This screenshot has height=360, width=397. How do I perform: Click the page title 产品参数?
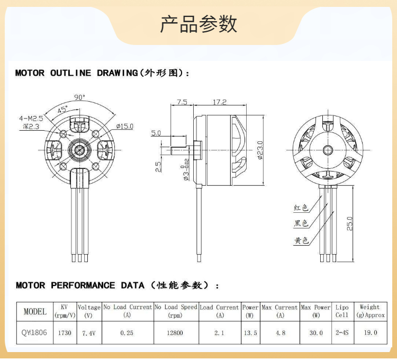coord(198,24)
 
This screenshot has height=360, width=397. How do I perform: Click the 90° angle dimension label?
coord(79,97)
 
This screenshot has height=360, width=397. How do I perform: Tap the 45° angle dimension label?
coord(62,109)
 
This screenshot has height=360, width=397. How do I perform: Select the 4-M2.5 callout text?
coord(31,118)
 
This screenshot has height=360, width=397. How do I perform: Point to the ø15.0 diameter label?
coord(124,126)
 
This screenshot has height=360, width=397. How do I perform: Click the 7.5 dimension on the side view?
coord(182,102)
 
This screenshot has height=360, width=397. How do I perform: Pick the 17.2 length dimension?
coord(220,102)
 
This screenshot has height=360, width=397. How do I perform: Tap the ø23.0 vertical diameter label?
coord(260,150)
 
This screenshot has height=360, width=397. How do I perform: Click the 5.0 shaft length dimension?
coord(156,133)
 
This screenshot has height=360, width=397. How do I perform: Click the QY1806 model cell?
coord(35,333)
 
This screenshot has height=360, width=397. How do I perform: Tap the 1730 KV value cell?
coord(65,333)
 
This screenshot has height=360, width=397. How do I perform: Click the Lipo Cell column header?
coord(342,311)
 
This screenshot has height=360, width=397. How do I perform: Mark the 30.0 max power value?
coord(315,333)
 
